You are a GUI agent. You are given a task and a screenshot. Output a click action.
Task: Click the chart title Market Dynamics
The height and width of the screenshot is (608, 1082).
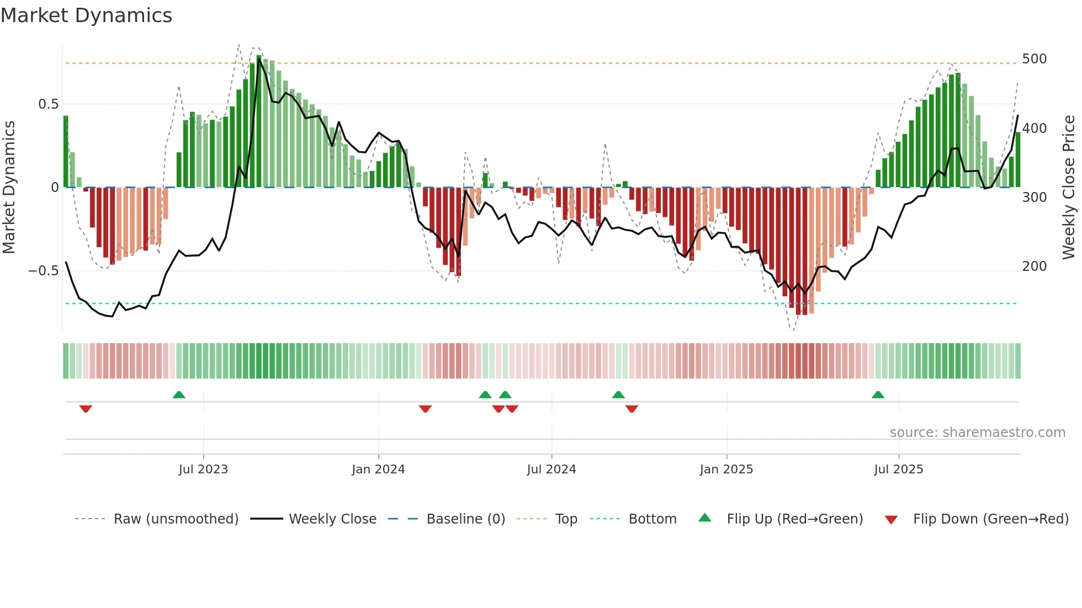87,15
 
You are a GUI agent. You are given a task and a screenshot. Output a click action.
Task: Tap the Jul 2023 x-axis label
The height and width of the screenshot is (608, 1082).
203,470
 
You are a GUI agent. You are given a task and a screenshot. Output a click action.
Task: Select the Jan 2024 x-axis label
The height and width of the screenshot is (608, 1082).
378,470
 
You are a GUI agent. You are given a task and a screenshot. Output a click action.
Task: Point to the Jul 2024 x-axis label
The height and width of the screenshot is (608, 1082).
551,470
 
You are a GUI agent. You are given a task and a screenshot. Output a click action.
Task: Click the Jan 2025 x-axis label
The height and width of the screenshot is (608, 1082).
726,470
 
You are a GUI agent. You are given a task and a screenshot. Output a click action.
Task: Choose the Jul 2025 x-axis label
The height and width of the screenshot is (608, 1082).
898,470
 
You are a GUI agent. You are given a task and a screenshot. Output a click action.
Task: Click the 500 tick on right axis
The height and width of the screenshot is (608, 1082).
1034,59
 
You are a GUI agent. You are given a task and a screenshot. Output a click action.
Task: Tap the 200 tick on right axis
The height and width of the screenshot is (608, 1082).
1034,266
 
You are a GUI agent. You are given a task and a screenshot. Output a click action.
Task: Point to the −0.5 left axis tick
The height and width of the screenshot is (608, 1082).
43,271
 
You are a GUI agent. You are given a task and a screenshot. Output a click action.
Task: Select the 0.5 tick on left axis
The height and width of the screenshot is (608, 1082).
48,104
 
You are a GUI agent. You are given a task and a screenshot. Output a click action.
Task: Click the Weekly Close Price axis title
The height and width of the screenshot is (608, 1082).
1069,188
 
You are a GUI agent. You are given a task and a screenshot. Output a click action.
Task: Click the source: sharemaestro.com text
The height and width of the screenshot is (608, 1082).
977,433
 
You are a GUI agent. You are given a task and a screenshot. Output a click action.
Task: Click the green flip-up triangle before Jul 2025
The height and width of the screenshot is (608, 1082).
878,394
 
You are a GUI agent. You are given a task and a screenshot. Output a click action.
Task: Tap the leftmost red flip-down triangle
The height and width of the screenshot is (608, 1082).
86,409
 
